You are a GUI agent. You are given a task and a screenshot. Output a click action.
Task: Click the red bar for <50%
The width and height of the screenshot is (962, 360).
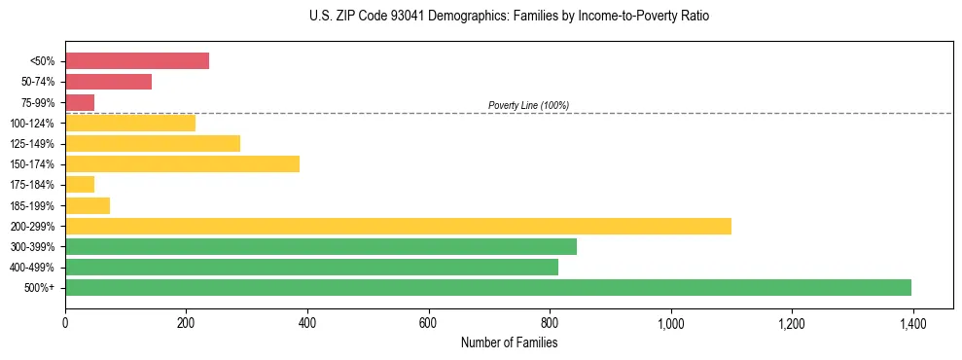(x=137, y=61)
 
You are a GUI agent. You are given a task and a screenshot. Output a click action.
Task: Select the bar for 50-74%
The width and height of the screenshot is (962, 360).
(x=108, y=82)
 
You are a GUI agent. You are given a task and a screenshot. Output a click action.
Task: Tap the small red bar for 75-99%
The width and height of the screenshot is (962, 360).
(x=80, y=102)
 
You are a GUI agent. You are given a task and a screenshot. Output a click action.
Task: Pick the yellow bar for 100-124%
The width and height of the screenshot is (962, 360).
(x=130, y=123)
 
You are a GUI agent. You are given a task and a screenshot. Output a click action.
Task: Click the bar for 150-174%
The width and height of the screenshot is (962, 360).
(x=182, y=164)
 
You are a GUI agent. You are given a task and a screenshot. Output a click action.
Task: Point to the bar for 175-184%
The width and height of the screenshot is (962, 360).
(x=80, y=185)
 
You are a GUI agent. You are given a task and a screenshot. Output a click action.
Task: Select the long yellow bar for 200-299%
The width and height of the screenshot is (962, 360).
(x=398, y=226)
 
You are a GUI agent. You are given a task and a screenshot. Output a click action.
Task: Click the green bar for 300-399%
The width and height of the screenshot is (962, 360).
(x=321, y=246)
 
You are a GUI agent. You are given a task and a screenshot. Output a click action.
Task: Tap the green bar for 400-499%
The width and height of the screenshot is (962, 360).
(x=311, y=267)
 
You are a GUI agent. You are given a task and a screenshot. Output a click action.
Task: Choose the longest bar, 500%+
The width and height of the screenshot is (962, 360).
(x=488, y=287)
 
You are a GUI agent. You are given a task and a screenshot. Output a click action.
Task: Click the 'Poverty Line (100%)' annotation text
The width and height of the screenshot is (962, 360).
(x=528, y=105)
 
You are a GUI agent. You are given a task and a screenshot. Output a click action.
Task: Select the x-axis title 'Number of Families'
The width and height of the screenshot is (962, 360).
(x=509, y=342)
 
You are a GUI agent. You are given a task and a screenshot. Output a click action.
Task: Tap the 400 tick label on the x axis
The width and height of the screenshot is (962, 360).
(x=307, y=322)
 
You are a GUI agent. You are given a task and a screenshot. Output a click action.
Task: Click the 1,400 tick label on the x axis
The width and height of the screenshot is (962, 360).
(x=912, y=322)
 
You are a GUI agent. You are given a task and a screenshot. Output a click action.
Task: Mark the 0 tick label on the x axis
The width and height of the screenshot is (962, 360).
(x=65, y=322)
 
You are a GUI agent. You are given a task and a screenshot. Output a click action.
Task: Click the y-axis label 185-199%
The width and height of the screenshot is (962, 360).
(x=33, y=206)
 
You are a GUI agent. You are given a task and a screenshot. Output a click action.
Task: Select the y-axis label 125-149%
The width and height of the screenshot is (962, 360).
(x=33, y=144)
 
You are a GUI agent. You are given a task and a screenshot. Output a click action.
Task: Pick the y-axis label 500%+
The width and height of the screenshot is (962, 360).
(x=41, y=288)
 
